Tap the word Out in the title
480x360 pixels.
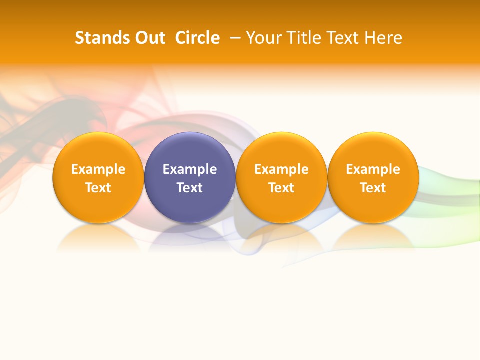click(149, 38)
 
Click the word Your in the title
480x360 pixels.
click(263, 38)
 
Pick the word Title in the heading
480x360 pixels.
click(302, 38)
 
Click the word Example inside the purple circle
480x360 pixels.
click(190, 169)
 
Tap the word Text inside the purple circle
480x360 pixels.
click(190, 188)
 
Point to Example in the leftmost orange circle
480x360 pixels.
click(98, 169)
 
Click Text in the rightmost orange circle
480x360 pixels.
click(373, 188)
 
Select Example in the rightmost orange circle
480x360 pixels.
click(373, 169)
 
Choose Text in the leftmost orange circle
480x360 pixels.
click(98, 188)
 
